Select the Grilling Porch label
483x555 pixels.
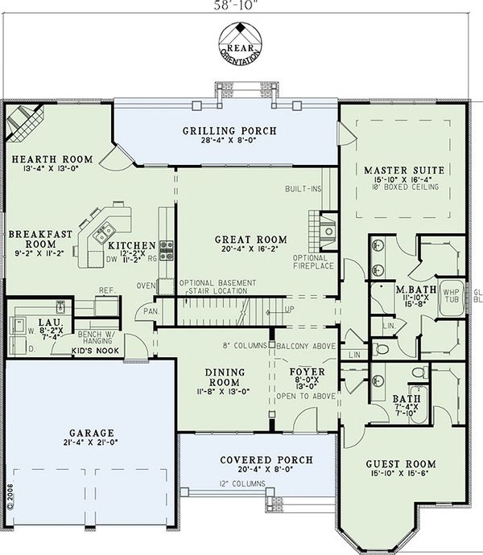click(x=229, y=130)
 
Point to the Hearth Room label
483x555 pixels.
click(x=52, y=158)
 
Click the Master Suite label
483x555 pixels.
click(x=404, y=171)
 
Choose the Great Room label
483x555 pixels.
click(x=251, y=239)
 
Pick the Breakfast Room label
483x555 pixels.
click(x=41, y=239)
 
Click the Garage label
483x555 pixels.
click(x=90, y=432)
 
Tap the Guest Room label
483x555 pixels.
click(x=400, y=464)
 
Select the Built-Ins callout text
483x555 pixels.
click(x=302, y=189)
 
